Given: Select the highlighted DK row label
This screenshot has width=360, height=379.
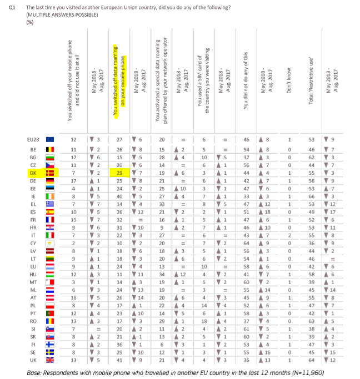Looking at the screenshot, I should tap(33, 174).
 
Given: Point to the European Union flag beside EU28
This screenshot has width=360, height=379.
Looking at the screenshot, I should tap(49, 138).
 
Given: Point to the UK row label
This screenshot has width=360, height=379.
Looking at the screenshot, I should tap(33, 360).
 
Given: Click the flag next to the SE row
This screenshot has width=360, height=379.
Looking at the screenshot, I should tap(49, 352).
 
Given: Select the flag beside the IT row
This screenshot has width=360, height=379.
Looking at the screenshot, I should tap(49, 236).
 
